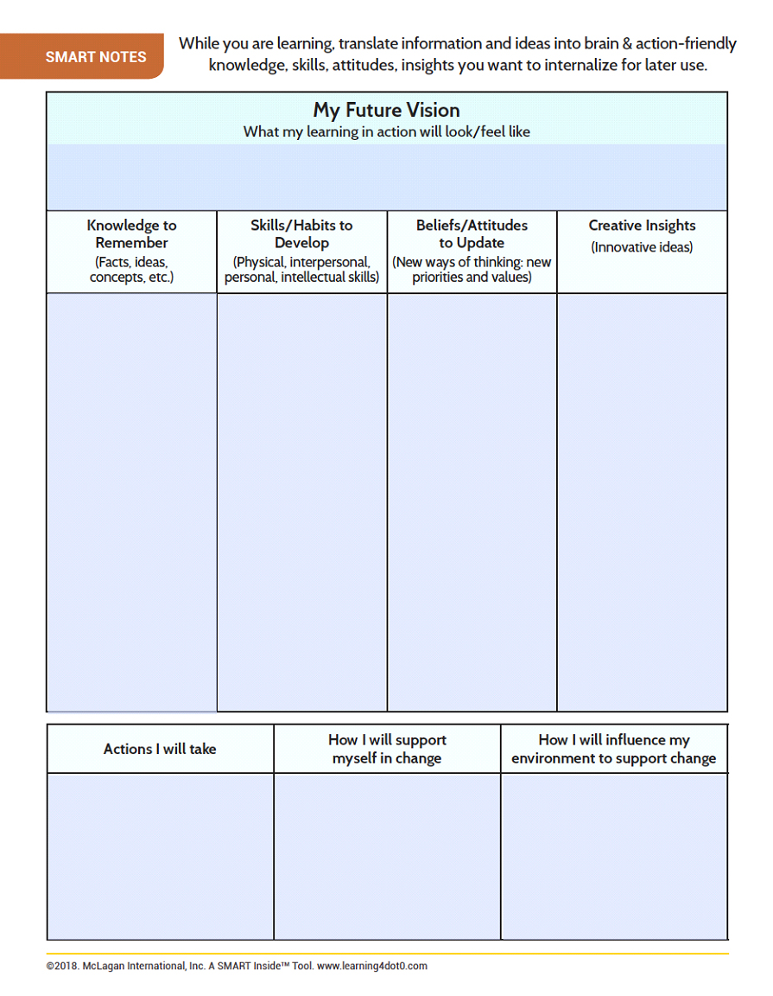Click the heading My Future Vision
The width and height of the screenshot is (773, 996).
click(386, 111)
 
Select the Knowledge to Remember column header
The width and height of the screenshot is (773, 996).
click(131, 234)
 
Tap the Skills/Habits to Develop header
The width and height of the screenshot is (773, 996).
click(301, 234)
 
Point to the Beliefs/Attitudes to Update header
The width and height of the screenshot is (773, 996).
click(472, 234)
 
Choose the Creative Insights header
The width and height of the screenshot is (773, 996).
click(642, 226)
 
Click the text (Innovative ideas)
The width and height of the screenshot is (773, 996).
click(642, 248)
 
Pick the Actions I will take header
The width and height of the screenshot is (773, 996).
click(160, 749)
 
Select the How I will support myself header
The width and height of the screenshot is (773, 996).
click(387, 749)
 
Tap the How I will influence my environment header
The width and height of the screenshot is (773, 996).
click(614, 749)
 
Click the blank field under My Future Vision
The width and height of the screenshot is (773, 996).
click(386, 177)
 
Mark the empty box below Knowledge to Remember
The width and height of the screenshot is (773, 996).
click(131, 501)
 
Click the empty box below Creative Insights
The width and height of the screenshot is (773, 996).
click(642, 501)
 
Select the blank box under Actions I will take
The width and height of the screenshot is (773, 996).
click(160, 856)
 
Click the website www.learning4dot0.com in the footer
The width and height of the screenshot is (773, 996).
click(372, 966)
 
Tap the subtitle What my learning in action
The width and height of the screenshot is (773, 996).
click(386, 132)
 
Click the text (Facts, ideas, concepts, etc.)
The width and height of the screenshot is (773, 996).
click(131, 270)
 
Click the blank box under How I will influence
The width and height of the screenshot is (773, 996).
click(614, 856)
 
